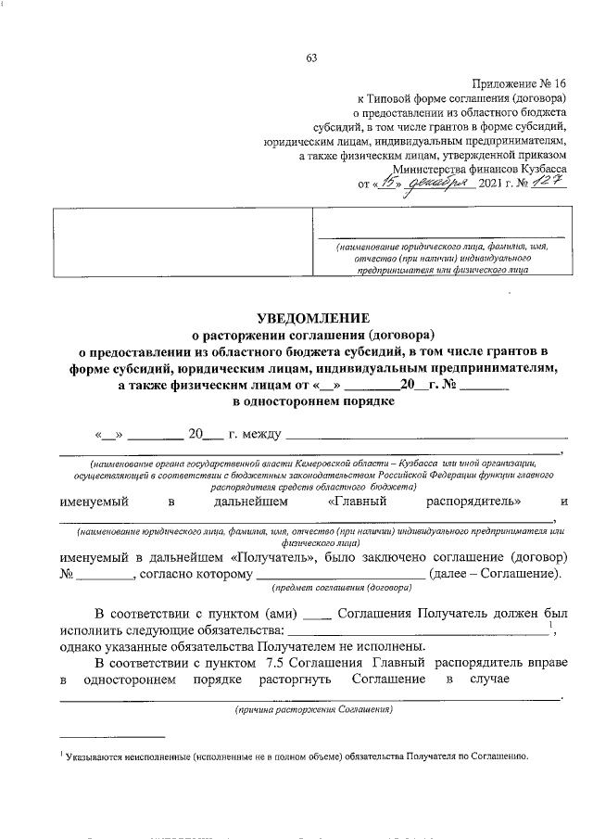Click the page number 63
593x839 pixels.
coord(312,59)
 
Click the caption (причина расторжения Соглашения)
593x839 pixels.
coord(312,710)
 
